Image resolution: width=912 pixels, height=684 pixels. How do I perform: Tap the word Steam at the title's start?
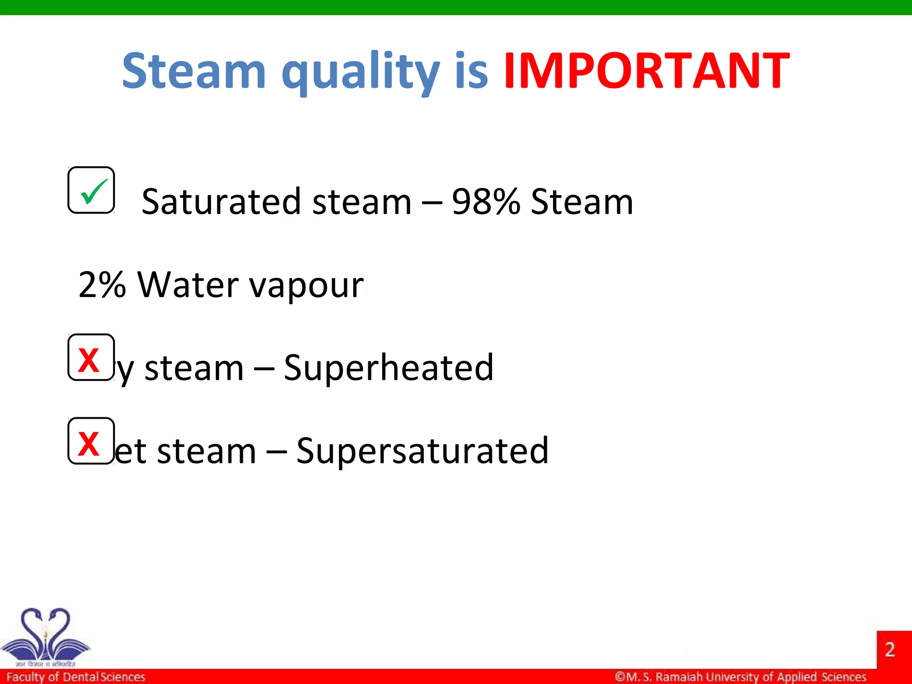pos(194,71)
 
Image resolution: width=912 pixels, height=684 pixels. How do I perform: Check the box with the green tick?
pos(91,191)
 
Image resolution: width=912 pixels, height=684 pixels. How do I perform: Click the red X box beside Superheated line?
pos(91,358)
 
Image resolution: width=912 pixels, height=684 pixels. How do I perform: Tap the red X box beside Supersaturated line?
pos(91,441)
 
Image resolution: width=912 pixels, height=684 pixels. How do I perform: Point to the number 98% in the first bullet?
pos(485,202)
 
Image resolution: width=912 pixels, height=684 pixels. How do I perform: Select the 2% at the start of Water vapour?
pos(102,285)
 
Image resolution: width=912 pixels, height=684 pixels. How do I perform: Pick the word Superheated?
pos(388,368)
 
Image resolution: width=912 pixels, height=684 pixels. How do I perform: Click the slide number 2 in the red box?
pos(890,649)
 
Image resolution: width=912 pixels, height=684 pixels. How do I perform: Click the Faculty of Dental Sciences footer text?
pos(76,677)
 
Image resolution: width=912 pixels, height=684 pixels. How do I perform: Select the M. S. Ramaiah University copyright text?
pos(740,677)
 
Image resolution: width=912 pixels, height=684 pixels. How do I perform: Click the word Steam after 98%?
pos(582,202)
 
